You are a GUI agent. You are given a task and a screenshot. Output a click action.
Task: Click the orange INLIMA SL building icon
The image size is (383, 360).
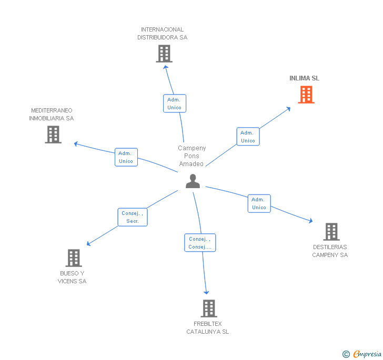(306, 95)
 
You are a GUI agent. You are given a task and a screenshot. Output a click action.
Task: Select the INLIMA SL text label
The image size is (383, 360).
(304, 78)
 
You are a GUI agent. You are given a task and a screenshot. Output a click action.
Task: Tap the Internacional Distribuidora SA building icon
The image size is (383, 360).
(164, 54)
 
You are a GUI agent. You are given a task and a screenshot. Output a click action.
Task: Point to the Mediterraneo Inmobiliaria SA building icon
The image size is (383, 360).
(53, 135)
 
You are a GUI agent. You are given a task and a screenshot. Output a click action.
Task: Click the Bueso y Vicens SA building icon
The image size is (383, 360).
(74, 258)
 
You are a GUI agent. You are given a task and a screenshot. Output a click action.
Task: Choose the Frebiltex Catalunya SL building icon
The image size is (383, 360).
(209, 308)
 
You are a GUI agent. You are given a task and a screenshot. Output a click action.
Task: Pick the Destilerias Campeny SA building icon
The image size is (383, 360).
(331, 231)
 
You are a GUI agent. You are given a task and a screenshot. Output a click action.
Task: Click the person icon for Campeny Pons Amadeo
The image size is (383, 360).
(193, 181)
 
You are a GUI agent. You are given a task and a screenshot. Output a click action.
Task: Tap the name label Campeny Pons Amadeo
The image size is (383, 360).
(191, 156)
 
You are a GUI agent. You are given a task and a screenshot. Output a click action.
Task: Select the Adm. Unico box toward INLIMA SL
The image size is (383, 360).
(248, 137)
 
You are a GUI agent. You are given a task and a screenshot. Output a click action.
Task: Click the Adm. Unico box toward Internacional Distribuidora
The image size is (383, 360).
(174, 104)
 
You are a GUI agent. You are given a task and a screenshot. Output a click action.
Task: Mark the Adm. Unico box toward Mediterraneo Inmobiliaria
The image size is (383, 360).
(126, 157)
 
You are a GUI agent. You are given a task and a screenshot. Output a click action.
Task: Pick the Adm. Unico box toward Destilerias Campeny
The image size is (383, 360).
(259, 203)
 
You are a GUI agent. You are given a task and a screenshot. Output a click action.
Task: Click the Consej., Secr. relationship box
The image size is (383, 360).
(132, 217)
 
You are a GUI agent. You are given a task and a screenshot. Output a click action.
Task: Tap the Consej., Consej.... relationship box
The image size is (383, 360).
(200, 243)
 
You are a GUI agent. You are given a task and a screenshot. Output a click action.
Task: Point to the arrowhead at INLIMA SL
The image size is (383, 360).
(288, 109)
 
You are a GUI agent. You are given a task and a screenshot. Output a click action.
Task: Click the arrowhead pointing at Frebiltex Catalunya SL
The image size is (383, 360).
(206, 292)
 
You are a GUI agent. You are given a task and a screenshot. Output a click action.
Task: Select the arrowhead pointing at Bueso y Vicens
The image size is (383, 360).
(89, 244)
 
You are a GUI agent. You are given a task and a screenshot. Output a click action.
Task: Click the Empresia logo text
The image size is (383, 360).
(367, 354)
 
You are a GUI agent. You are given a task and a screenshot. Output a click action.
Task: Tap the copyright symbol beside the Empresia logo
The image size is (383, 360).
(346, 354)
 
